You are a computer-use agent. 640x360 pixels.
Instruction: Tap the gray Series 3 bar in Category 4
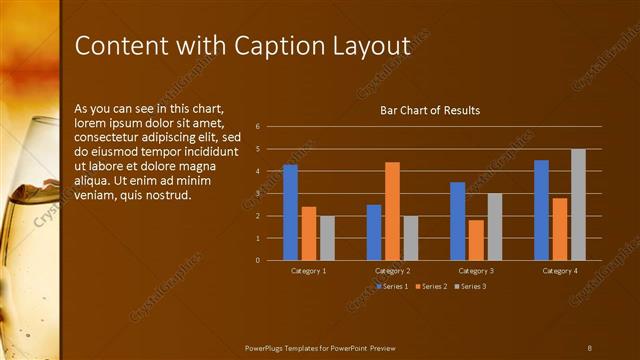(578, 204)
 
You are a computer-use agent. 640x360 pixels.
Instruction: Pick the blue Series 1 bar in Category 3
(457, 221)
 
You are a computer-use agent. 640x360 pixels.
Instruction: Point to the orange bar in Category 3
(475, 240)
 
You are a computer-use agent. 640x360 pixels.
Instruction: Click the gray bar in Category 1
(327, 238)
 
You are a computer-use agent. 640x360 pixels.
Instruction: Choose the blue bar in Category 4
(541, 210)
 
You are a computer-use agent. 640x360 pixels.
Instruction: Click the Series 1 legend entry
(393, 286)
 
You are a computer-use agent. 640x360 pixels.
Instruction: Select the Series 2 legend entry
(430, 286)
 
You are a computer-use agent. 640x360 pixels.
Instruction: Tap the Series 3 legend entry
(470, 286)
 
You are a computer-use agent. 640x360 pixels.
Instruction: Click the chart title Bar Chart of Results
(430, 110)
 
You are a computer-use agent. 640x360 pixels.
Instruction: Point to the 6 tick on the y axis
(258, 127)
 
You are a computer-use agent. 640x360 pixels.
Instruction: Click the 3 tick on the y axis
(258, 193)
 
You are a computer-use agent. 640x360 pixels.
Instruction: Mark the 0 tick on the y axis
(258, 260)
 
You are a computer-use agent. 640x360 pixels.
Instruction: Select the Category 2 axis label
(392, 271)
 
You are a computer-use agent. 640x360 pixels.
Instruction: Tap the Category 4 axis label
(560, 271)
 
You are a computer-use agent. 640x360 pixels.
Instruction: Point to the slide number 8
(590, 347)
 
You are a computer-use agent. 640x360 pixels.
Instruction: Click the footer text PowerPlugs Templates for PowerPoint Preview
(320, 347)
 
